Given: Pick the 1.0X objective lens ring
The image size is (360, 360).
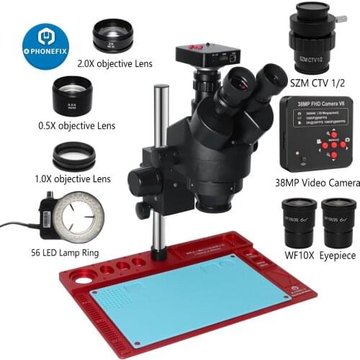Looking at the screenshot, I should pyautogui.click(x=75, y=156).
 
